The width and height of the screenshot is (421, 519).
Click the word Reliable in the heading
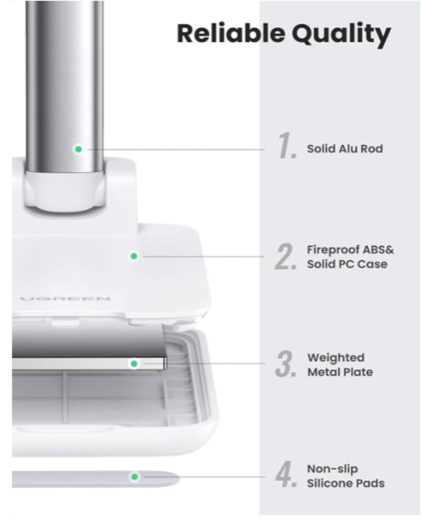(231, 33)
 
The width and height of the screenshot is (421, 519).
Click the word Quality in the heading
(341, 35)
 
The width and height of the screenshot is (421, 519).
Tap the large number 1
(287, 145)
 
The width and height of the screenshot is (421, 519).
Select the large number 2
(286, 256)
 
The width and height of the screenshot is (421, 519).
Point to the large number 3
(286, 364)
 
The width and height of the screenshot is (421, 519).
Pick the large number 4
(286, 474)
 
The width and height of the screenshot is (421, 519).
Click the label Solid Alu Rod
(345, 149)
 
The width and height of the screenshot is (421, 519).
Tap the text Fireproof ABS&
(351, 249)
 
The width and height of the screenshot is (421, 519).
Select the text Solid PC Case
(347, 264)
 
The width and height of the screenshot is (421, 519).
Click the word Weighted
(336, 358)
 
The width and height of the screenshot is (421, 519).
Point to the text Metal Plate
(340, 372)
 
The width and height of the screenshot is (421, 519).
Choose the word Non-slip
(333, 469)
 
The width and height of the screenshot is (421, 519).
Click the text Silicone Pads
(346, 483)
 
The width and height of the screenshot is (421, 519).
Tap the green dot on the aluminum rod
(79, 150)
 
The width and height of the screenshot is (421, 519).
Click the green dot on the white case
(134, 256)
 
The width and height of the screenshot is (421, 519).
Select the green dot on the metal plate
(134, 364)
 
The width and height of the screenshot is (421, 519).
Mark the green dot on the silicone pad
(134, 476)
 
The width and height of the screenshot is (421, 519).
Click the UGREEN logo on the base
(65, 299)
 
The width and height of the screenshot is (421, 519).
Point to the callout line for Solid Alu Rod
(176, 150)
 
